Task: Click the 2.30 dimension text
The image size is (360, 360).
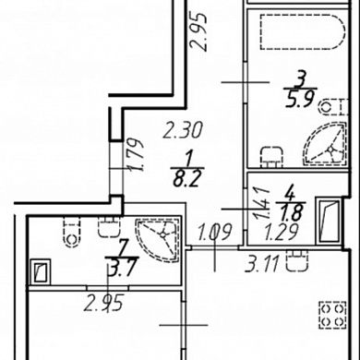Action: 183,130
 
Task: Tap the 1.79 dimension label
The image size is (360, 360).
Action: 136,155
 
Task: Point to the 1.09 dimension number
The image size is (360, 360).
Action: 214,232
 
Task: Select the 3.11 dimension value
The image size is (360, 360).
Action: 262,264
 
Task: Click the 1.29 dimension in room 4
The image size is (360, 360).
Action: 282,232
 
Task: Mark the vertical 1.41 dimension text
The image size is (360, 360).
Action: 261,203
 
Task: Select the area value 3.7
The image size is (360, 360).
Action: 122,268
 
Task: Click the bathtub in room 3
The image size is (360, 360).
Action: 303,31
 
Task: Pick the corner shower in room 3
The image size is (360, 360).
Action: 326,142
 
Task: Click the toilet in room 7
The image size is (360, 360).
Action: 72,232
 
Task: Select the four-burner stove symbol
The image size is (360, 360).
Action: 333,315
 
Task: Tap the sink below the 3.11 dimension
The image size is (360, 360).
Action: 297,260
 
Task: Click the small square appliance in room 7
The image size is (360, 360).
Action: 40,271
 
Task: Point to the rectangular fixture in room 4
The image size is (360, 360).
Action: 330,222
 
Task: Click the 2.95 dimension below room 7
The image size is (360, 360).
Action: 104,303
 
